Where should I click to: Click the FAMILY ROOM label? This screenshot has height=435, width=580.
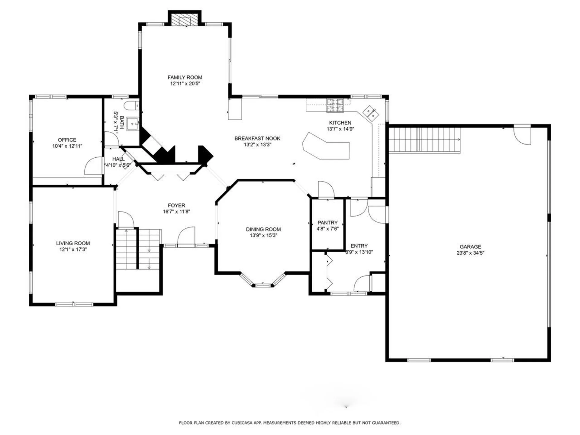click(185, 77)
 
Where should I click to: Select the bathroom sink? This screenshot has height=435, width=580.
click(132, 124)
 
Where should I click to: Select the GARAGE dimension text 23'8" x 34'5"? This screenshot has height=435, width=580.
click(470, 253)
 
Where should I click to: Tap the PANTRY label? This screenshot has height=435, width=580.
click(327, 222)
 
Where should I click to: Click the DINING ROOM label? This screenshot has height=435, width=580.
click(263, 229)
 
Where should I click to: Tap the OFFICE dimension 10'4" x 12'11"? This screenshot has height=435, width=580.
click(67, 146)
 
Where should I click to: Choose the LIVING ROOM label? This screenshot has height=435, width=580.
click(73, 243)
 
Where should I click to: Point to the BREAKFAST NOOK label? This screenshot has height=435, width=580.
click(257, 138)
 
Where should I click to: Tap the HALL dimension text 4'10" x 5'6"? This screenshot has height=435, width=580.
click(118, 165)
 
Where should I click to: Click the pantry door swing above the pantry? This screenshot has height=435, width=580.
click(326, 190)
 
